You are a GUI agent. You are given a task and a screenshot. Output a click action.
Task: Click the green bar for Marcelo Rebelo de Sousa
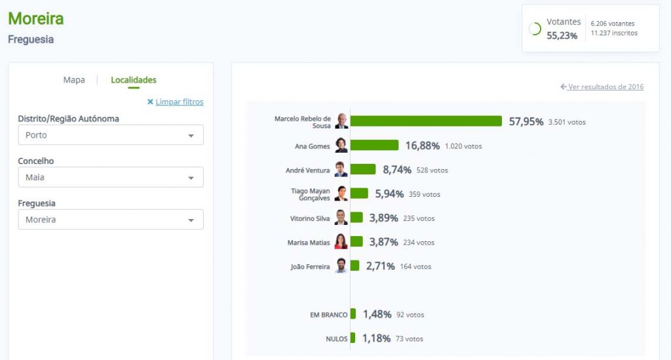click(426, 121)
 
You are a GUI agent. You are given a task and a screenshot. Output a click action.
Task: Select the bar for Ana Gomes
click(374, 145)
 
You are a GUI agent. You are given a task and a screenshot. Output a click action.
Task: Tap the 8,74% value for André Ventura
click(397, 170)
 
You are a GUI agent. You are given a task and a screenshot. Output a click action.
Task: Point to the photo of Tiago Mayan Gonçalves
click(341, 193)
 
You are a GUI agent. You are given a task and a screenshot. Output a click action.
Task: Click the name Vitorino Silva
click(310, 218)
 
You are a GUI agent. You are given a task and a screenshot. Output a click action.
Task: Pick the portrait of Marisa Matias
click(341, 242)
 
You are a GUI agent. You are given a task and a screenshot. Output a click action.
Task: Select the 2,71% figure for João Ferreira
click(381, 266)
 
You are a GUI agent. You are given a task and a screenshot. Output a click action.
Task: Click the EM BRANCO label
click(328, 315)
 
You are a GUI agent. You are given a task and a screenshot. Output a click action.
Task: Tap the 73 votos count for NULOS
click(410, 339)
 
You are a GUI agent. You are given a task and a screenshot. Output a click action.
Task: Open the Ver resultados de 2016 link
click(602, 87)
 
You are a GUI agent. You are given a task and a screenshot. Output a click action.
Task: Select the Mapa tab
click(74, 80)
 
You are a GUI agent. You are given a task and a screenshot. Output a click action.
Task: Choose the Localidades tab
click(134, 80)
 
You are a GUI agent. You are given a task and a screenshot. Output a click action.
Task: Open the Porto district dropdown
click(111, 135)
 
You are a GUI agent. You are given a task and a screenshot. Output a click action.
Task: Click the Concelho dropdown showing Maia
click(111, 177)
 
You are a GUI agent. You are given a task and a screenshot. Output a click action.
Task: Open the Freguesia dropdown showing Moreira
click(111, 220)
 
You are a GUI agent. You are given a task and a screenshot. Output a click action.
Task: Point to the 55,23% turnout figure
click(562, 36)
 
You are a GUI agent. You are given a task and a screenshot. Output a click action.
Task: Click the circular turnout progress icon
click(535, 29)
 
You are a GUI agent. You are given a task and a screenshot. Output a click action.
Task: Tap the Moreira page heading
click(36, 18)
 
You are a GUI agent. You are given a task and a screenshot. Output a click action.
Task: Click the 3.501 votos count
click(567, 122)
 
